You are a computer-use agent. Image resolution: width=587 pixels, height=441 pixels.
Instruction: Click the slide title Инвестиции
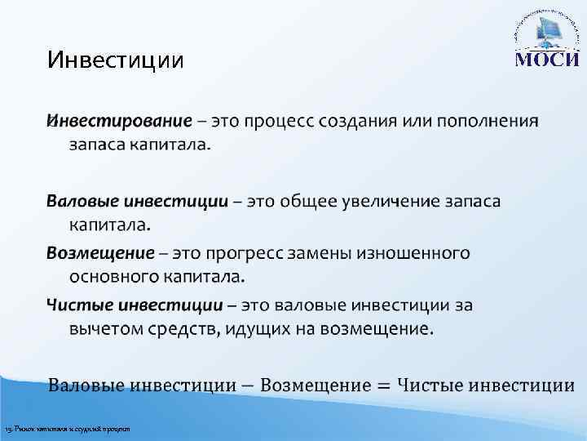pos(115,60)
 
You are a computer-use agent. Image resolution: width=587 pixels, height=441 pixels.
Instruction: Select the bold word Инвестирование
pos(120,122)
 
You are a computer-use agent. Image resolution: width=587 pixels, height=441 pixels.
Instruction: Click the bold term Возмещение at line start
pos(99,252)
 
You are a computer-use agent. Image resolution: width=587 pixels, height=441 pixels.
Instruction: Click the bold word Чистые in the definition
pos(79,305)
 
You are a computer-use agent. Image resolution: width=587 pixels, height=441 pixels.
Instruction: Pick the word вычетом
pos(106,329)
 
